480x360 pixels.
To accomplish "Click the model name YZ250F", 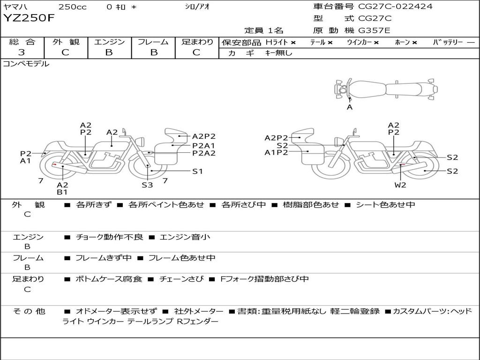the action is coord(29,18).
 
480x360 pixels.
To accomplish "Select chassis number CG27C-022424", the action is coord(395,6).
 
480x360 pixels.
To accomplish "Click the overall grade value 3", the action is coord(22,52).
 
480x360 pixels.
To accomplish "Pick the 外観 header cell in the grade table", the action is coord(66,42).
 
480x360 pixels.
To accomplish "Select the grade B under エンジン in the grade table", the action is coord(109,52).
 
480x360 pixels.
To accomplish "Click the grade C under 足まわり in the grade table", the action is coord(196,52).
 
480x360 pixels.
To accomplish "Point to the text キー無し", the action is coord(278,53).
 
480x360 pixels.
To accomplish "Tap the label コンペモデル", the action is coord(26,64).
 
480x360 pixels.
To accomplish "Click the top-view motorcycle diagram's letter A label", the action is coord(350,107).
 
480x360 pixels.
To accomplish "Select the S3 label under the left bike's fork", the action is coord(147,185).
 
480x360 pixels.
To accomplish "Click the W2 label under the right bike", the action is coord(400,185).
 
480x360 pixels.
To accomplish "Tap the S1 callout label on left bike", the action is coord(197,172).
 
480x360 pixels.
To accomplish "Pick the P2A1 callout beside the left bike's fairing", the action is coord(203,146).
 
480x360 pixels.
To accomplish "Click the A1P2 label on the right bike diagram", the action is coord(276,152).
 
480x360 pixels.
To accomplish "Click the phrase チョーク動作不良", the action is coord(109,237).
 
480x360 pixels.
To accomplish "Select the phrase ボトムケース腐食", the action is coord(109,279).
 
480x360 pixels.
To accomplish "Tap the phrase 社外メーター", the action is coord(199,311).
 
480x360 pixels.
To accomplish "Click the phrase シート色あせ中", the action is coord(385,204).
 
